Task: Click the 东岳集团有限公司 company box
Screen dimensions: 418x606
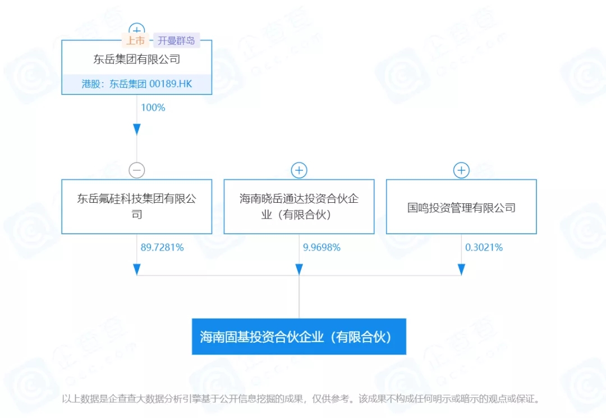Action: click(136, 59)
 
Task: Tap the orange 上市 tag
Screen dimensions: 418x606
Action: click(135, 40)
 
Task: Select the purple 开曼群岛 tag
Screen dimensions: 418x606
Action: click(176, 40)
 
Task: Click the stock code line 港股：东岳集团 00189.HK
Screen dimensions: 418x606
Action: click(136, 84)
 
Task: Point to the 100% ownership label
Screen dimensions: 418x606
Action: click(153, 107)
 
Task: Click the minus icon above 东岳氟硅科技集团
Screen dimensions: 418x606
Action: click(136, 170)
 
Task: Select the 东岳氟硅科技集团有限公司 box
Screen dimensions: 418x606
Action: click(136, 206)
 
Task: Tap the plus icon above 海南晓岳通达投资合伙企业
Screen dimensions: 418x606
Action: click(299, 170)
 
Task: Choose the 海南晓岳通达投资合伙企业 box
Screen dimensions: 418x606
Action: click(299, 206)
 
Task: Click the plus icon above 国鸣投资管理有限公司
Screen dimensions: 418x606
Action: click(461, 170)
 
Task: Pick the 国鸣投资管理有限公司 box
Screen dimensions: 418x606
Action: click(461, 207)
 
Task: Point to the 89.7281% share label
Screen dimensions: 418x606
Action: click(162, 247)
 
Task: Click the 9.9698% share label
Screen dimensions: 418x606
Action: click(322, 247)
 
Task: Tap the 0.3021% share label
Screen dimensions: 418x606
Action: click(484, 247)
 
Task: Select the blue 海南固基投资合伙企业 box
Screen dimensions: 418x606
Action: click(299, 337)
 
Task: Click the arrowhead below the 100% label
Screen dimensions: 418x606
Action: click(136, 130)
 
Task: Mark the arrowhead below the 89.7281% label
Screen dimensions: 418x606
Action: click(136, 269)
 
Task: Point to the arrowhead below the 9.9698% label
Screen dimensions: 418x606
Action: click(299, 269)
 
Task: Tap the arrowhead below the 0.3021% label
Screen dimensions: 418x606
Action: click(461, 269)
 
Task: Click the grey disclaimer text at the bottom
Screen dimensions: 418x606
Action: click(302, 399)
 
